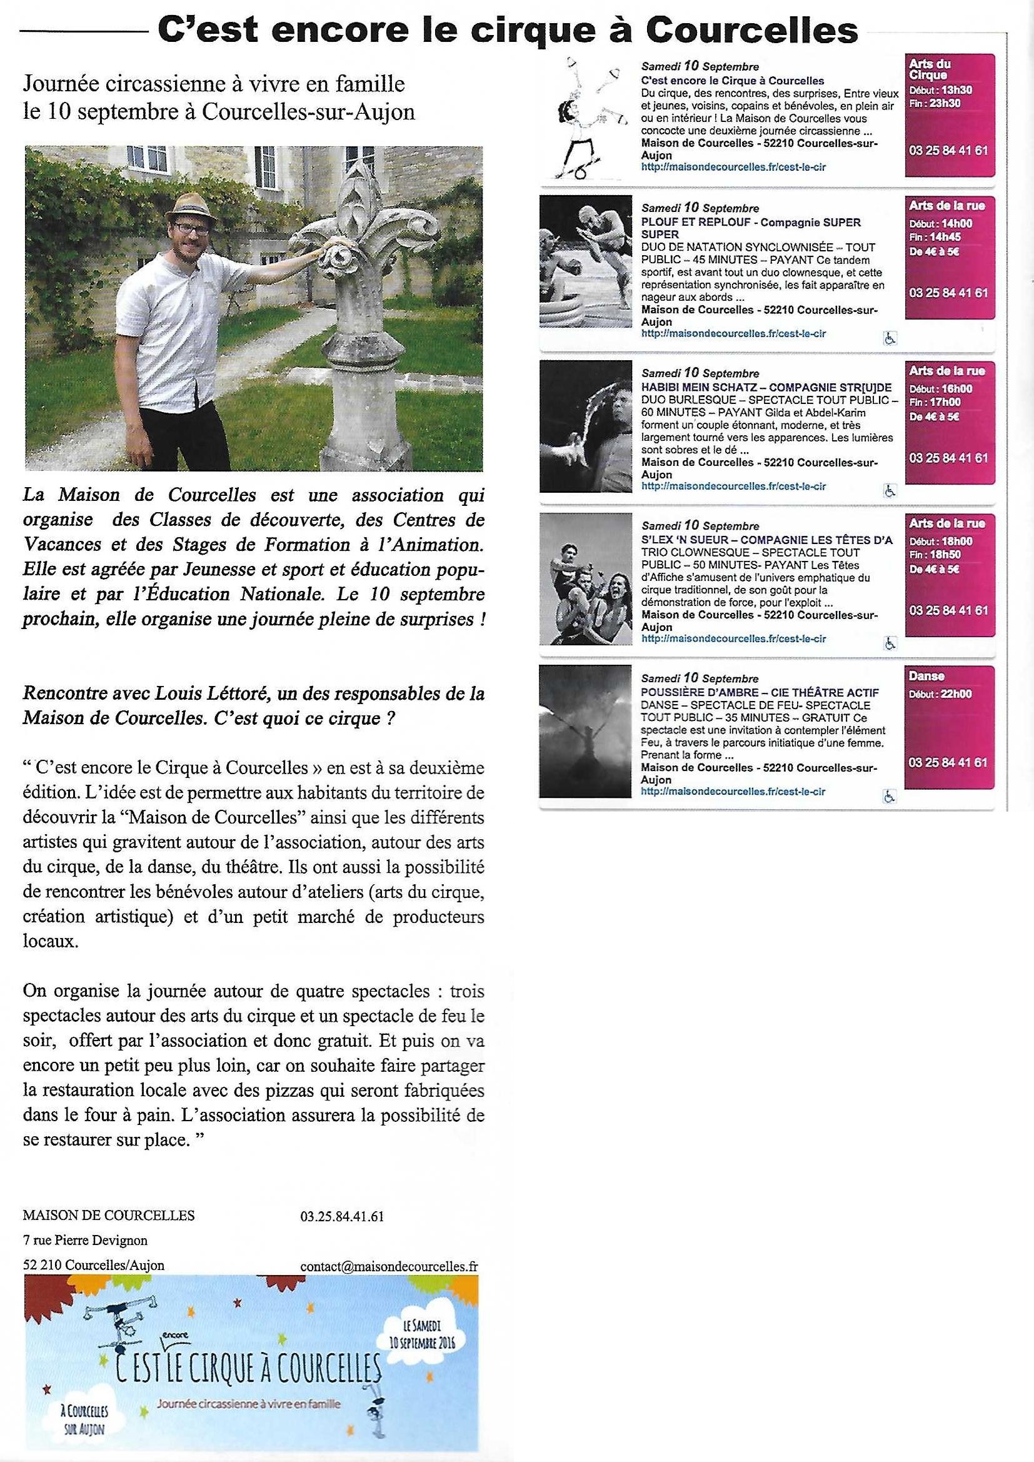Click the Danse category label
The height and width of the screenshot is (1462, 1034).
point(926,676)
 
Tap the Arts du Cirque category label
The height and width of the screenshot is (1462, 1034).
point(930,69)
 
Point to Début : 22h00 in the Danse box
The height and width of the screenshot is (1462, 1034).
point(940,694)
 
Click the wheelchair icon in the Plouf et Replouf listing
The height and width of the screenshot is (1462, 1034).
point(890,339)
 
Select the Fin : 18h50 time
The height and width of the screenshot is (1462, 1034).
point(935,555)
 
